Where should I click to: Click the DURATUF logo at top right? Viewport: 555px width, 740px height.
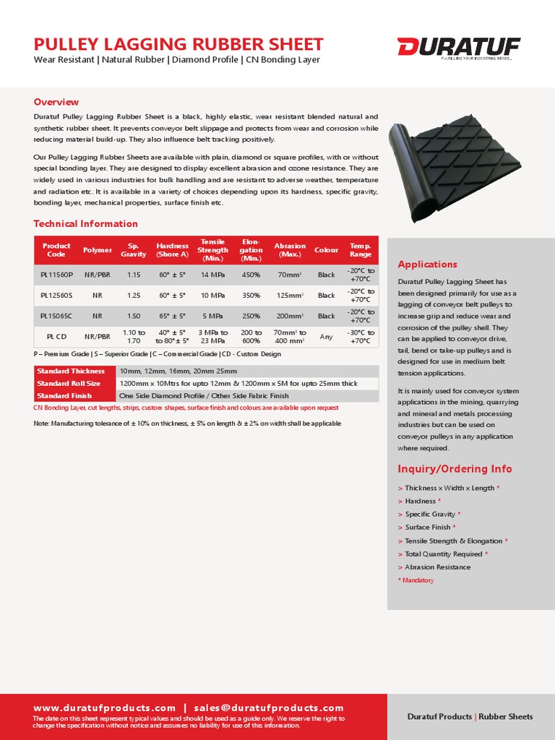click(458, 48)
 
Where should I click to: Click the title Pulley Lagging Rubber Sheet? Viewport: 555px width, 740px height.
click(178, 44)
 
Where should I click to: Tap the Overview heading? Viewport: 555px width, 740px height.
click(56, 102)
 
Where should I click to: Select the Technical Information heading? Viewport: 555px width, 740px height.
click(85, 223)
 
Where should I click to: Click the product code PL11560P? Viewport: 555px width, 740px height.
click(56, 275)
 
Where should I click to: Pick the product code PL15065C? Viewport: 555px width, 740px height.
click(56, 316)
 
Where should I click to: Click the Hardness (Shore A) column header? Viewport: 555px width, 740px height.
click(172, 250)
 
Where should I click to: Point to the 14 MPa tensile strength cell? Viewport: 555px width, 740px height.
click(212, 275)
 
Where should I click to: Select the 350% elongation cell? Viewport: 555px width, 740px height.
click(251, 295)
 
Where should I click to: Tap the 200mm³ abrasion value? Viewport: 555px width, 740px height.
click(290, 316)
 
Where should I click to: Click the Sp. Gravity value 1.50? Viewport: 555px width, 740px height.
click(134, 316)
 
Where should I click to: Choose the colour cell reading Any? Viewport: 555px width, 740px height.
click(326, 337)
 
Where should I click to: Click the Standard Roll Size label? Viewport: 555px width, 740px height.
click(69, 383)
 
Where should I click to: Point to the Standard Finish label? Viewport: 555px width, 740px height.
click(64, 396)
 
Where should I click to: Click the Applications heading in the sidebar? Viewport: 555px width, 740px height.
click(427, 264)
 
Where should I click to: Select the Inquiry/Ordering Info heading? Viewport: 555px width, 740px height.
click(455, 469)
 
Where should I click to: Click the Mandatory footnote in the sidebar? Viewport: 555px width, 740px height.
click(416, 580)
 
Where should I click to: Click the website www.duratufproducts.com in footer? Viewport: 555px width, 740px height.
click(105, 707)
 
